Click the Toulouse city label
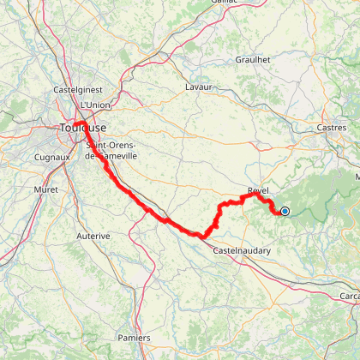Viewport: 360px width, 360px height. (x=83, y=128)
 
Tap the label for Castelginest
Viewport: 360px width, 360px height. (x=77, y=89)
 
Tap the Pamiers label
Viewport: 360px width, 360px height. (x=134, y=314)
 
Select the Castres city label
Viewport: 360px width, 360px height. (x=329, y=127)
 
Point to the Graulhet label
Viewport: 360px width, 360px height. (x=253, y=61)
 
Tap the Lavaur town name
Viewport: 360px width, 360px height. (x=198, y=87)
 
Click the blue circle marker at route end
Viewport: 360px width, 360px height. (x=285, y=211)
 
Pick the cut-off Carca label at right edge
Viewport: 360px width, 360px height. (x=349, y=296)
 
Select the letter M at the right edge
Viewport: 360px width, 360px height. (x=356, y=176)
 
